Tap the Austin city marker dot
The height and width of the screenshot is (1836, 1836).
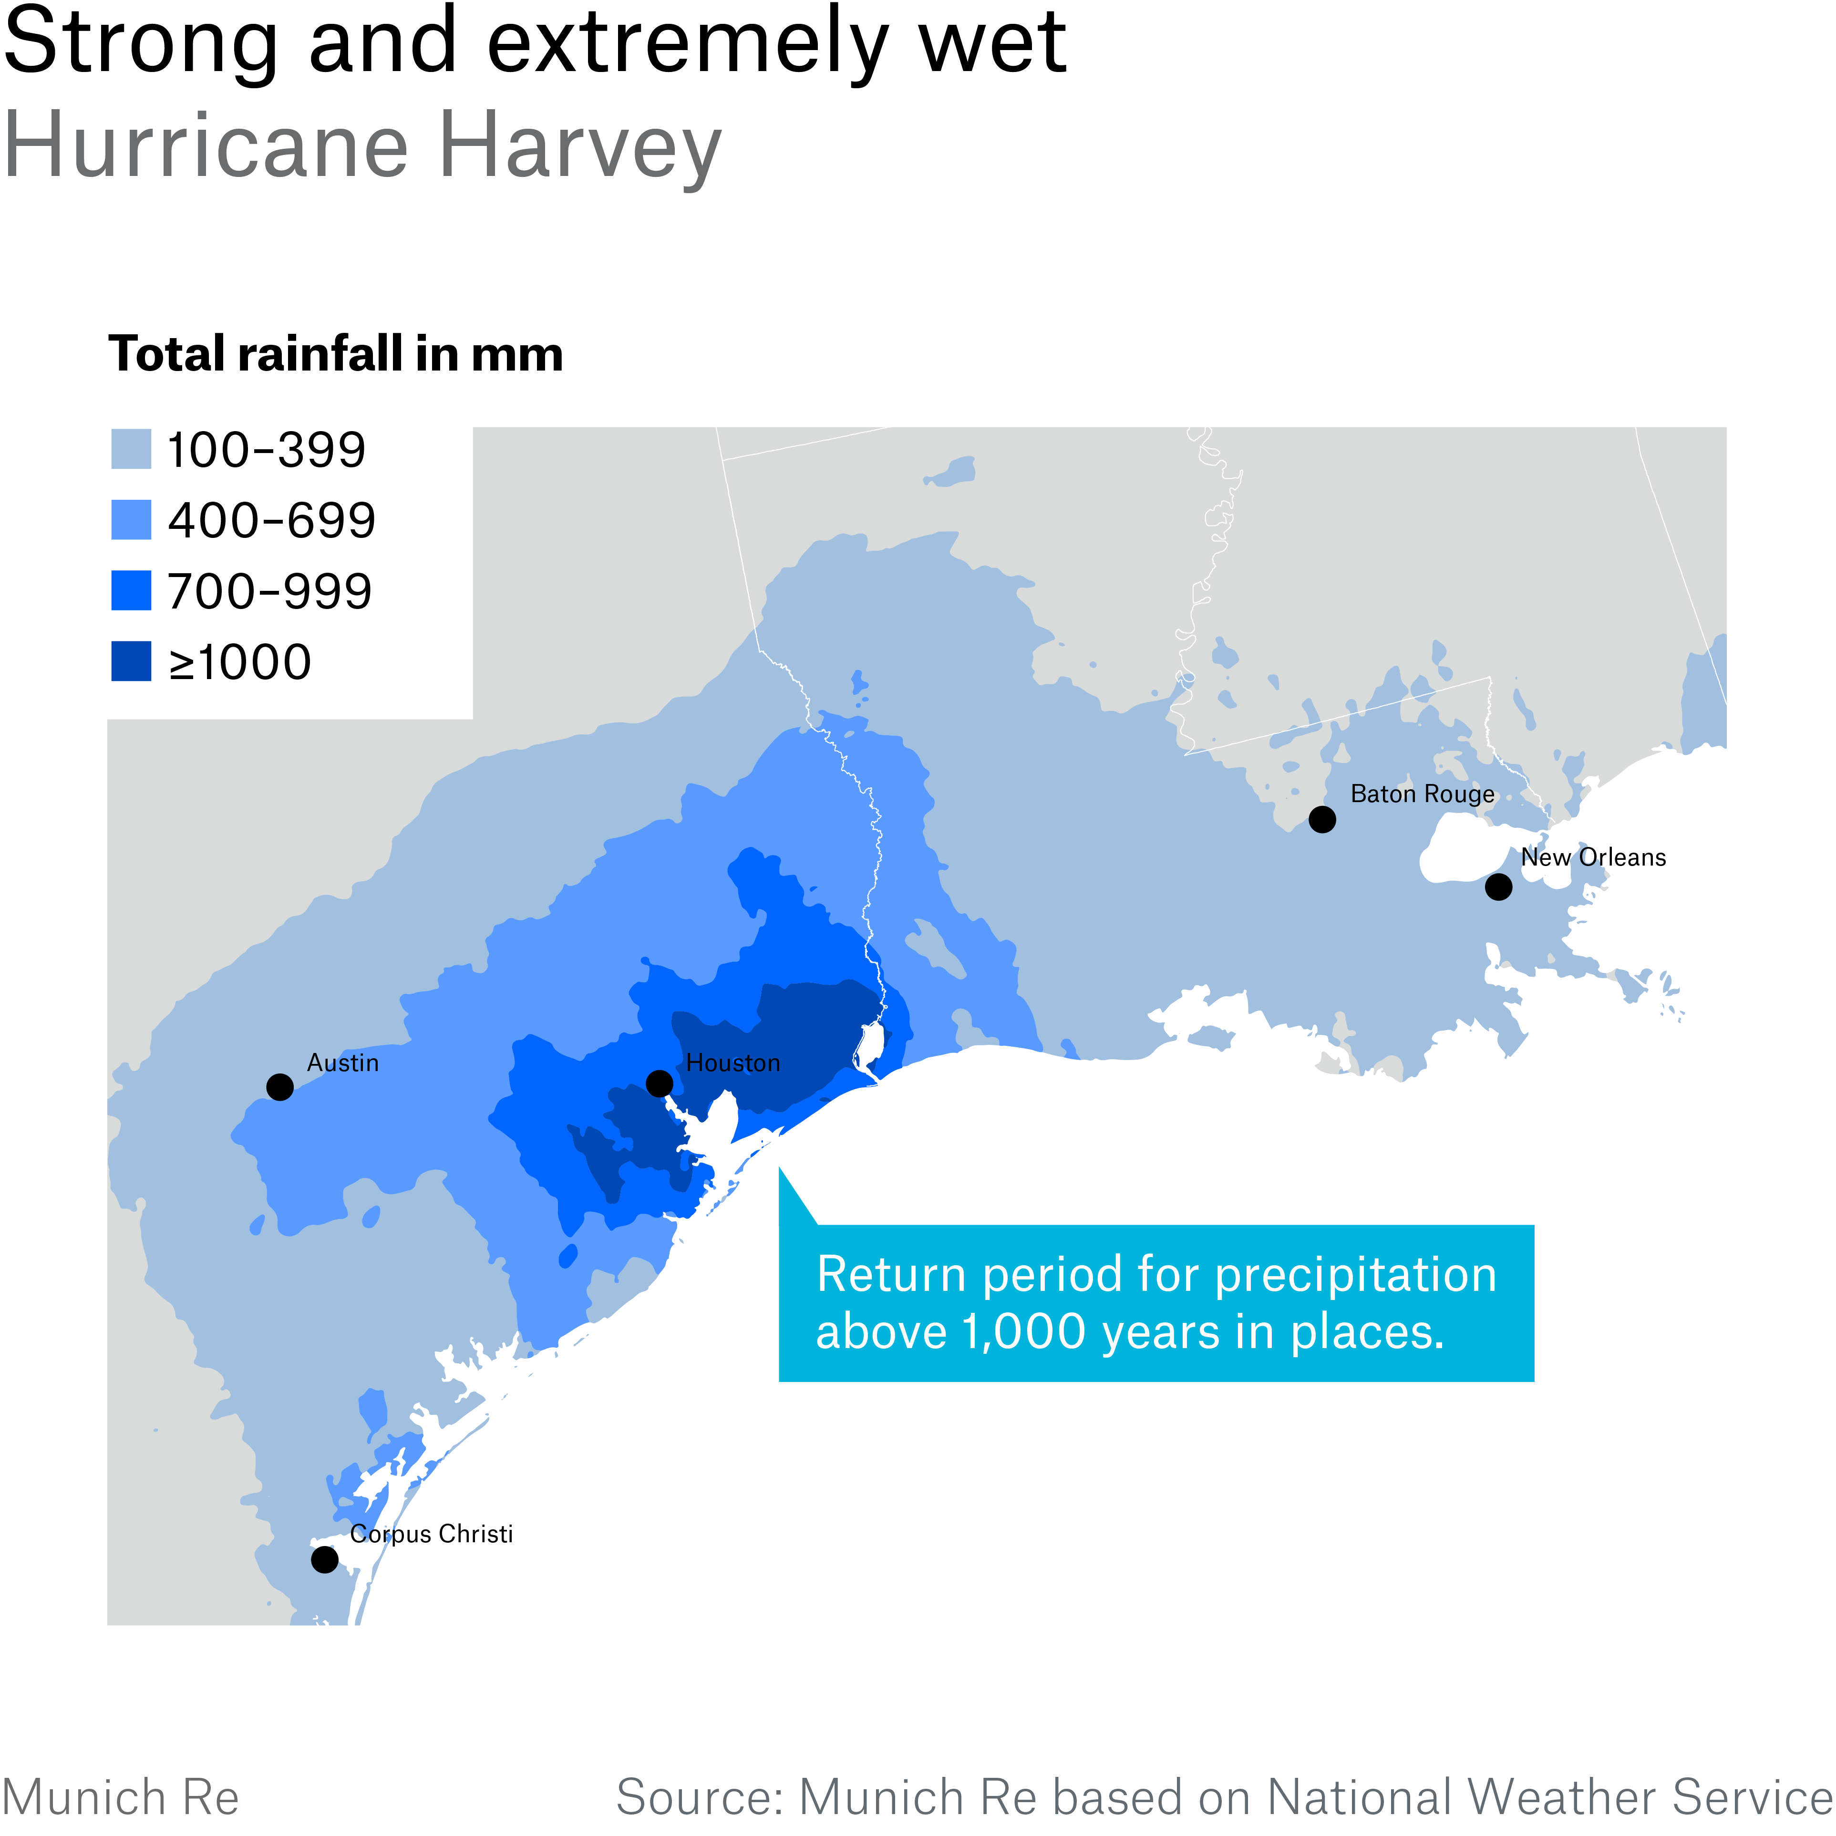pyautogui.click(x=279, y=1086)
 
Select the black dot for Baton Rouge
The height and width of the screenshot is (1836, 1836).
pyautogui.click(x=1322, y=819)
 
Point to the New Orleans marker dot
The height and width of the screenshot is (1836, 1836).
pyautogui.click(x=1499, y=887)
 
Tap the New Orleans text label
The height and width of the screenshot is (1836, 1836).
pyautogui.click(x=1594, y=857)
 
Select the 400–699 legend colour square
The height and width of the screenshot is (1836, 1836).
pyautogui.click(x=131, y=520)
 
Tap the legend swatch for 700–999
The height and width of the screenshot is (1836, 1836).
pyautogui.click(x=131, y=591)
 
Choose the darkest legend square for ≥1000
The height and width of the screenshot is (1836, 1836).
pyautogui.click(x=131, y=661)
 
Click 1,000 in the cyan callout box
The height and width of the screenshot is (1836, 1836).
pyautogui.click(x=1023, y=1331)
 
